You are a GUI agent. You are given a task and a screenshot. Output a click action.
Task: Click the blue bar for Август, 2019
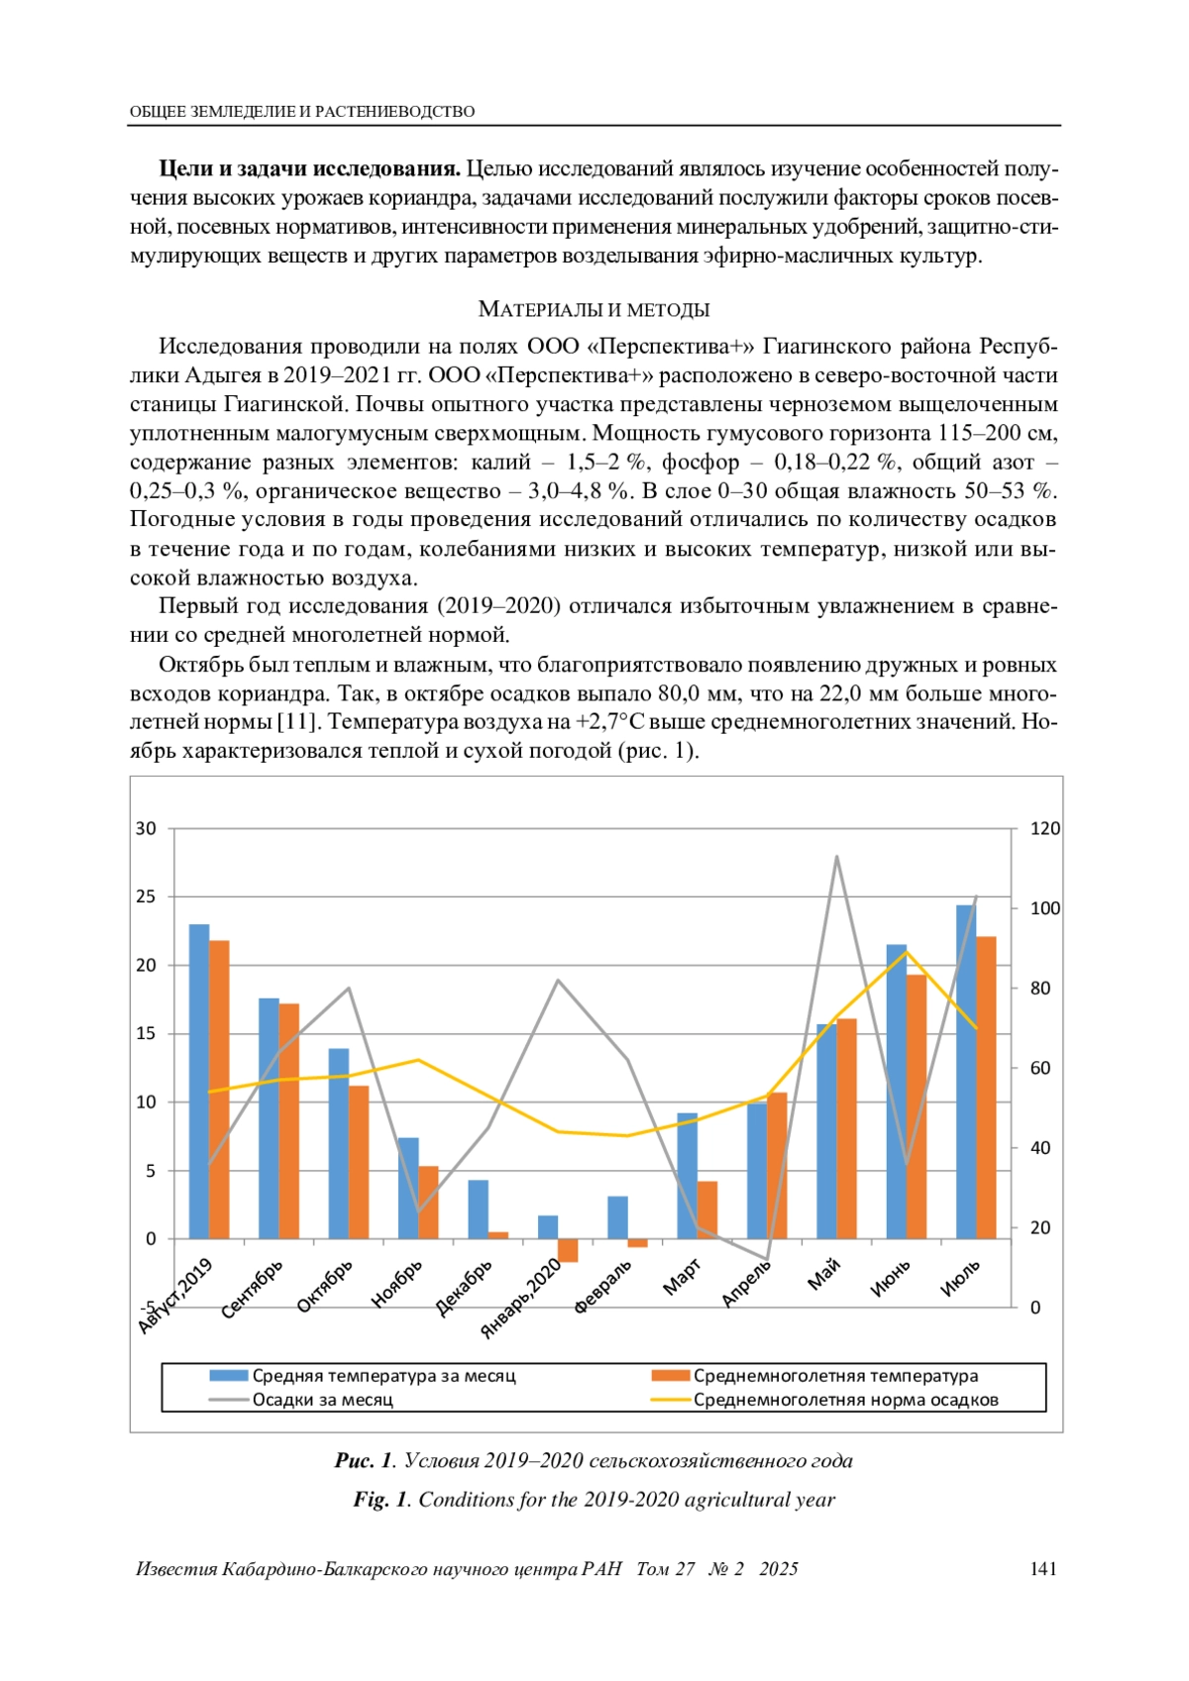(199, 1081)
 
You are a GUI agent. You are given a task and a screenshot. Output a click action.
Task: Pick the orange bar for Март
(707, 1209)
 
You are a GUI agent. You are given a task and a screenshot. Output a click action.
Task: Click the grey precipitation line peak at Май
(836, 857)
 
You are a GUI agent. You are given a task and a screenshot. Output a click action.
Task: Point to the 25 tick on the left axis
(146, 896)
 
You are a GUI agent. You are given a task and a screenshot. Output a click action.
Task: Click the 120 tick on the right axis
(1044, 828)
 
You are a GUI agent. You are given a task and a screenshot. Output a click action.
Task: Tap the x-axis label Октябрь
(325, 1287)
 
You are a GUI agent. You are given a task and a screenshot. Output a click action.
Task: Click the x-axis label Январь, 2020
(521, 1301)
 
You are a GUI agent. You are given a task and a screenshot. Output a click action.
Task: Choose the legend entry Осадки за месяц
(322, 1400)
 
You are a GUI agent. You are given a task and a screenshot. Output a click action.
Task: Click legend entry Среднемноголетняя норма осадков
(845, 1400)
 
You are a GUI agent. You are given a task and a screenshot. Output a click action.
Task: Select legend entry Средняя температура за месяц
(383, 1376)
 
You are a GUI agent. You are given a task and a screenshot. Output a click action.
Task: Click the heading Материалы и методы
(594, 309)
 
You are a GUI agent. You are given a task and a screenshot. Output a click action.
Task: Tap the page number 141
(1043, 1568)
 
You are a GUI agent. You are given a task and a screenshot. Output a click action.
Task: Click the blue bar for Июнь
(896, 1091)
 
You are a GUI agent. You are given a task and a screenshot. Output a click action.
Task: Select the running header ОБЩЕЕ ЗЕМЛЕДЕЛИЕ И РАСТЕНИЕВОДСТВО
(302, 112)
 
